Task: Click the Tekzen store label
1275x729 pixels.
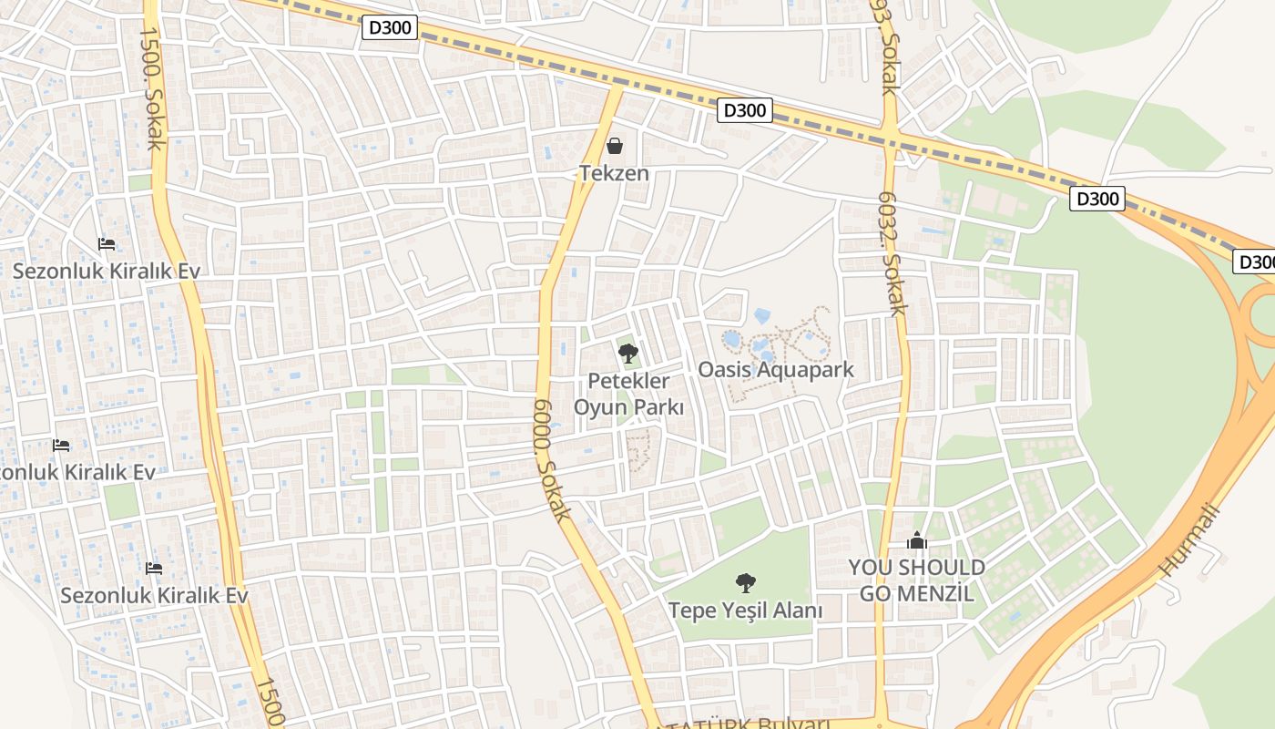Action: (615, 173)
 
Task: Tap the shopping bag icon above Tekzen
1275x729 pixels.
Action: (615, 146)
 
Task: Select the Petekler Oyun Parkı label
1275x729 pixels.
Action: (628, 394)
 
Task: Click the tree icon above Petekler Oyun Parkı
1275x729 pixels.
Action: (627, 354)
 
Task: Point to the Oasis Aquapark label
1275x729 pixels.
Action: (776, 369)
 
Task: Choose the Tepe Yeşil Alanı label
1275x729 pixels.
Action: (745, 611)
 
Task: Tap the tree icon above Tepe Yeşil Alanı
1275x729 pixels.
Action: (745, 582)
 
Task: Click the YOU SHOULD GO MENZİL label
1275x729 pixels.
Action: (916, 580)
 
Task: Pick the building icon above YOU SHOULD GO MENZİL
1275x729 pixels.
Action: (916, 541)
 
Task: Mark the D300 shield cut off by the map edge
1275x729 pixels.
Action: (1255, 262)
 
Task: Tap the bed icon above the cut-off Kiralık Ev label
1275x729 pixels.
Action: (61, 445)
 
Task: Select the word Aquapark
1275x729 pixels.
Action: (809, 369)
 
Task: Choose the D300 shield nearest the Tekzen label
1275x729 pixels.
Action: (746, 111)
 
